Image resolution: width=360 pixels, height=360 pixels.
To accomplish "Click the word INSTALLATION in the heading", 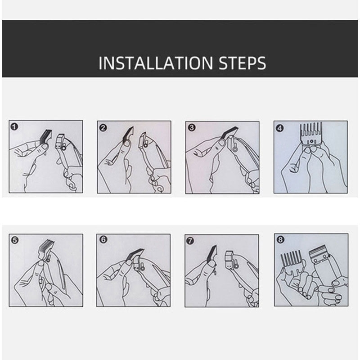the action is pyautogui.click(x=156, y=63).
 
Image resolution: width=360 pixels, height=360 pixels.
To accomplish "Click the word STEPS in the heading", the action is pyautogui.click(x=243, y=63).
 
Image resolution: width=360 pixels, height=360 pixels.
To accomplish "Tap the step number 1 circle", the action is pyautogui.click(x=14, y=127).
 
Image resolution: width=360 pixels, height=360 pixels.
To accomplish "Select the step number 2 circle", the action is pyautogui.click(x=103, y=128).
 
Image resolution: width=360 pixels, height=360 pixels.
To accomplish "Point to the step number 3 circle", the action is pyautogui.click(x=192, y=128).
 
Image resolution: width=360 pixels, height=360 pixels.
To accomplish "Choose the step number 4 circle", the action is pyautogui.click(x=279, y=128).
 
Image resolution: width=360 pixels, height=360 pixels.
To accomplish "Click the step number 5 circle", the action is pyautogui.click(x=15, y=240).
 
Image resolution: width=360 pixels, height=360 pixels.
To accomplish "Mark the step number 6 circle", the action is pyautogui.click(x=103, y=240).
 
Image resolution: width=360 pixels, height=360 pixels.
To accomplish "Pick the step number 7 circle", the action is pyautogui.click(x=190, y=241).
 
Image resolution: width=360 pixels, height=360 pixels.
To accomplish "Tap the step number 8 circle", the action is pyautogui.click(x=280, y=240).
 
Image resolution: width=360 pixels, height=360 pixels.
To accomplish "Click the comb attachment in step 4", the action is pyautogui.click(x=311, y=134).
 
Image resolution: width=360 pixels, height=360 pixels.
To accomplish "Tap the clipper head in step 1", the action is pyautogui.click(x=60, y=141).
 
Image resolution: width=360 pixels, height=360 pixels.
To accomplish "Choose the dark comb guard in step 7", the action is pyautogui.click(x=212, y=255).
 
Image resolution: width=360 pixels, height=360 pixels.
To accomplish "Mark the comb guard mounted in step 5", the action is pyautogui.click(x=46, y=249).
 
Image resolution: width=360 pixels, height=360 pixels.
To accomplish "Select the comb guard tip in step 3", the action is pyautogui.click(x=230, y=132).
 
